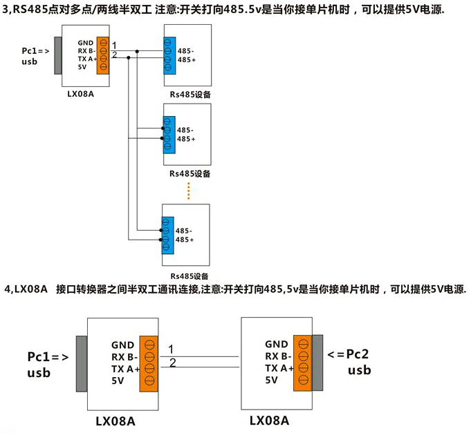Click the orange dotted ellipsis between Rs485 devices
(x=188, y=191)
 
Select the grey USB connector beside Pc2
(x=318, y=362)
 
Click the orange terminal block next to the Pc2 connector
(x=302, y=362)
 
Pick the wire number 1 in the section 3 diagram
(x=114, y=46)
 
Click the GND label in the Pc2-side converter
(x=277, y=344)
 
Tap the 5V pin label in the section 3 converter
(x=82, y=67)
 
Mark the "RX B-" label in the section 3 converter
(x=86, y=51)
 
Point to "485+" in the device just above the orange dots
(x=186, y=139)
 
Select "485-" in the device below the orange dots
(x=184, y=231)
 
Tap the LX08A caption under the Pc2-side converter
(x=269, y=420)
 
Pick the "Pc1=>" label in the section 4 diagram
(x=48, y=357)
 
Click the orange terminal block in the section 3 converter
(x=103, y=55)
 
